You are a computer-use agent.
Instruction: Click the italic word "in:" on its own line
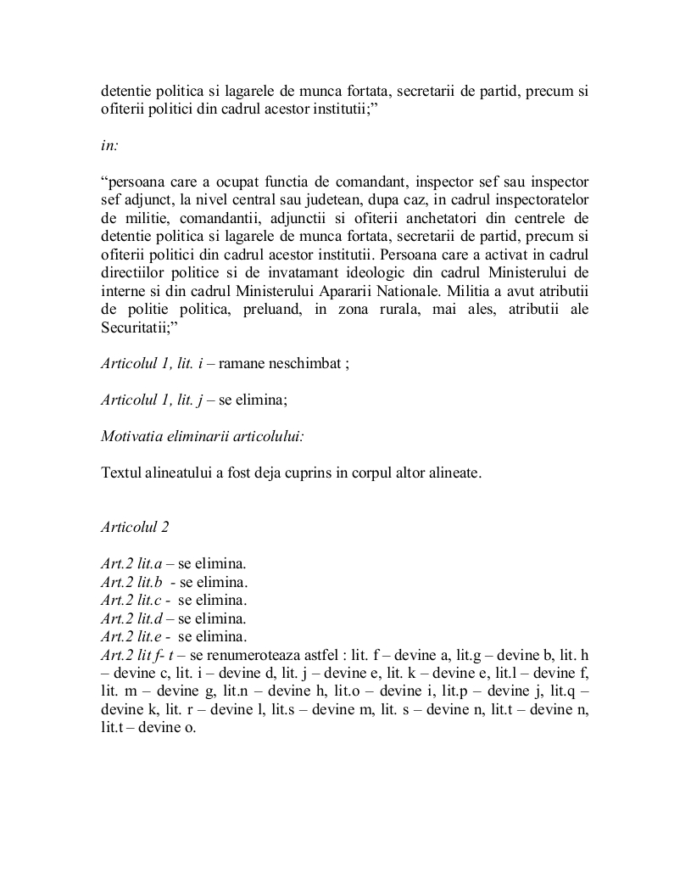tap(109, 145)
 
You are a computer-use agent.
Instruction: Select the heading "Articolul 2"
tap(135, 527)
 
